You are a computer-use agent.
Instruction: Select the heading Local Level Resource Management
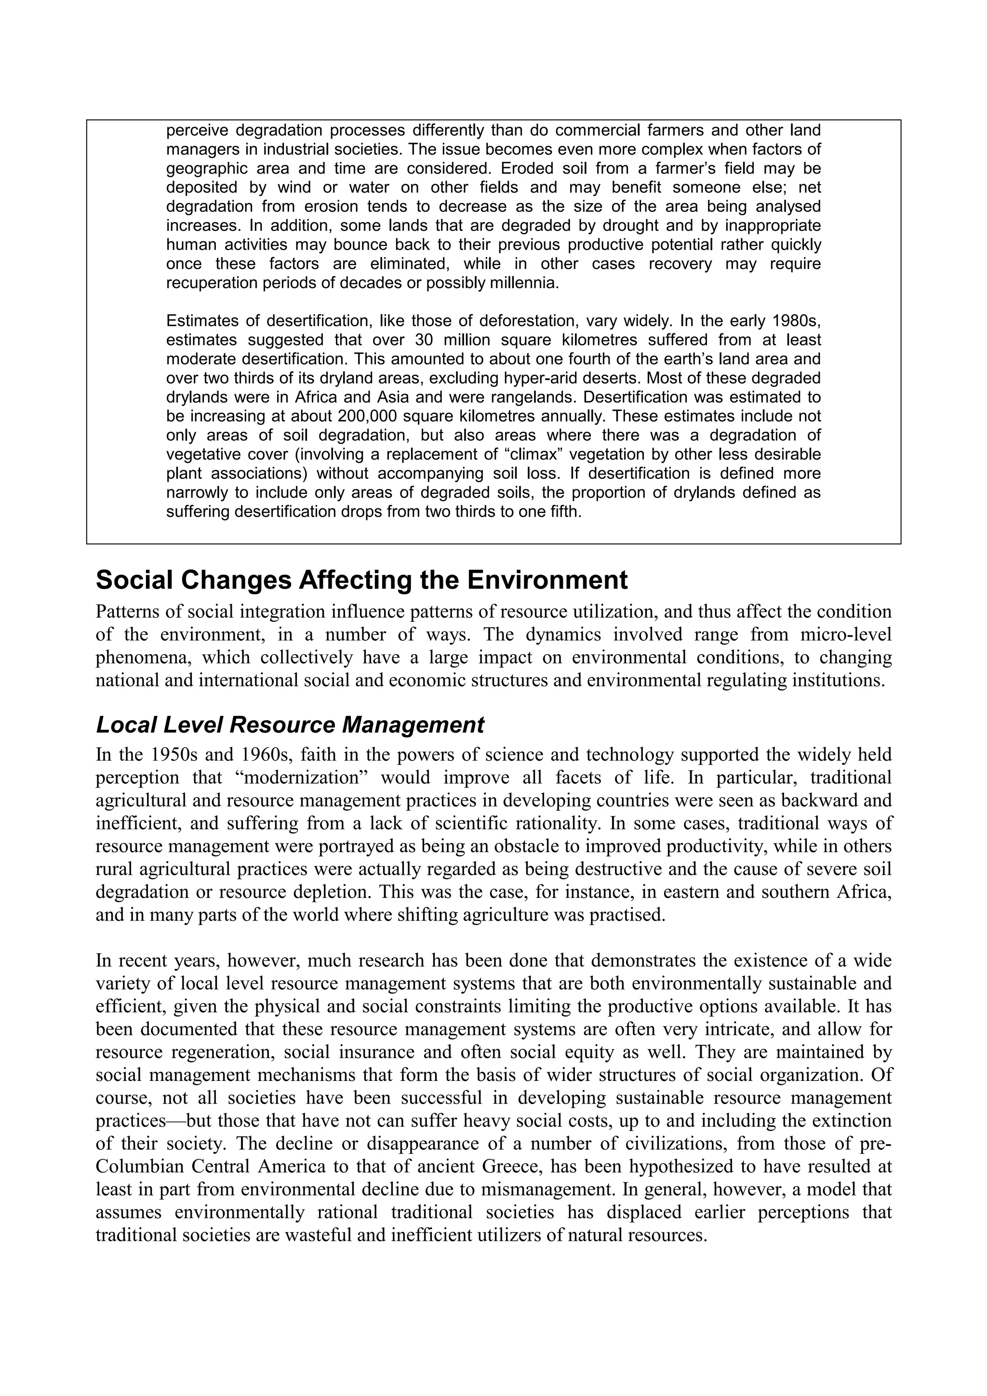pyautogui.click(x=290, y=725)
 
